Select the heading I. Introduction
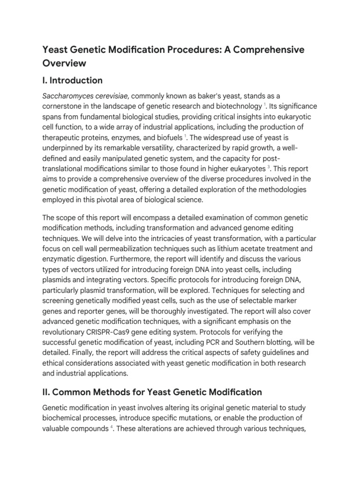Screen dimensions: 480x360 coord(73,80)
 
